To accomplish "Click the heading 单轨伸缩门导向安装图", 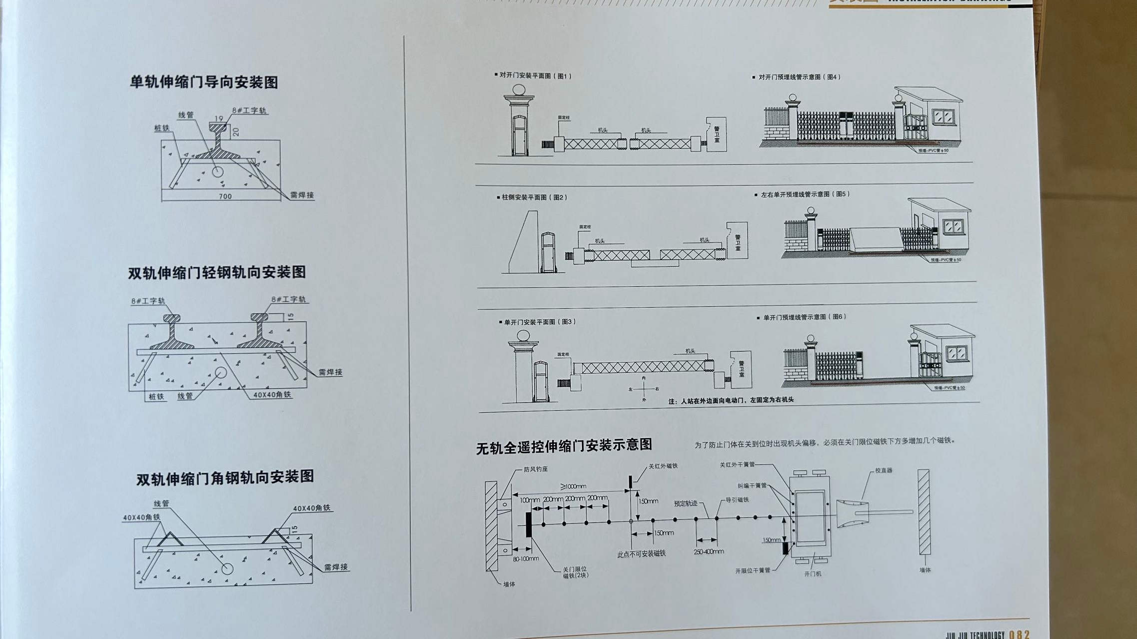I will [204, 81].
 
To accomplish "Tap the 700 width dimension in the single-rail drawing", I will [225, 196].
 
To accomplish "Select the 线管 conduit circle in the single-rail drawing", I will [217, 171].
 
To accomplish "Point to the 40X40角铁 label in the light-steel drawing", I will [272, 395].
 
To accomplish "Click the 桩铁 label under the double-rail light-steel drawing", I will [156, 397].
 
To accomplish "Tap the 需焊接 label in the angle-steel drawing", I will [336, 567].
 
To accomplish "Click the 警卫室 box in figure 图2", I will [737, 241].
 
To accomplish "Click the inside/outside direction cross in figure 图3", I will [644, 389].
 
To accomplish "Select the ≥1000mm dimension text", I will [573, 486].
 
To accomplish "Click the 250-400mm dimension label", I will [708, 552].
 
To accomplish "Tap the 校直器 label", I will [883, 470].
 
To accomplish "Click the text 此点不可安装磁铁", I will [641, 554].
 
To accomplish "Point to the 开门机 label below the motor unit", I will [812, 574].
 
